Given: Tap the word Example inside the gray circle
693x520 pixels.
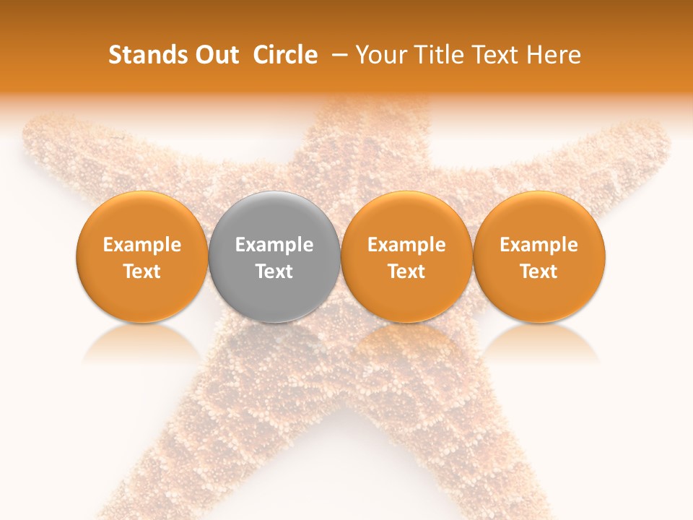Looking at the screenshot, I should tap(274, 245).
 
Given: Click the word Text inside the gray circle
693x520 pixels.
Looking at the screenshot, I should tap(274, 272).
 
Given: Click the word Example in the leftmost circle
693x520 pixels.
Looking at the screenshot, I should tap(141, 245).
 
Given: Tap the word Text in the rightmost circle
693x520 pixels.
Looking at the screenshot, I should tap(539, 272).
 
